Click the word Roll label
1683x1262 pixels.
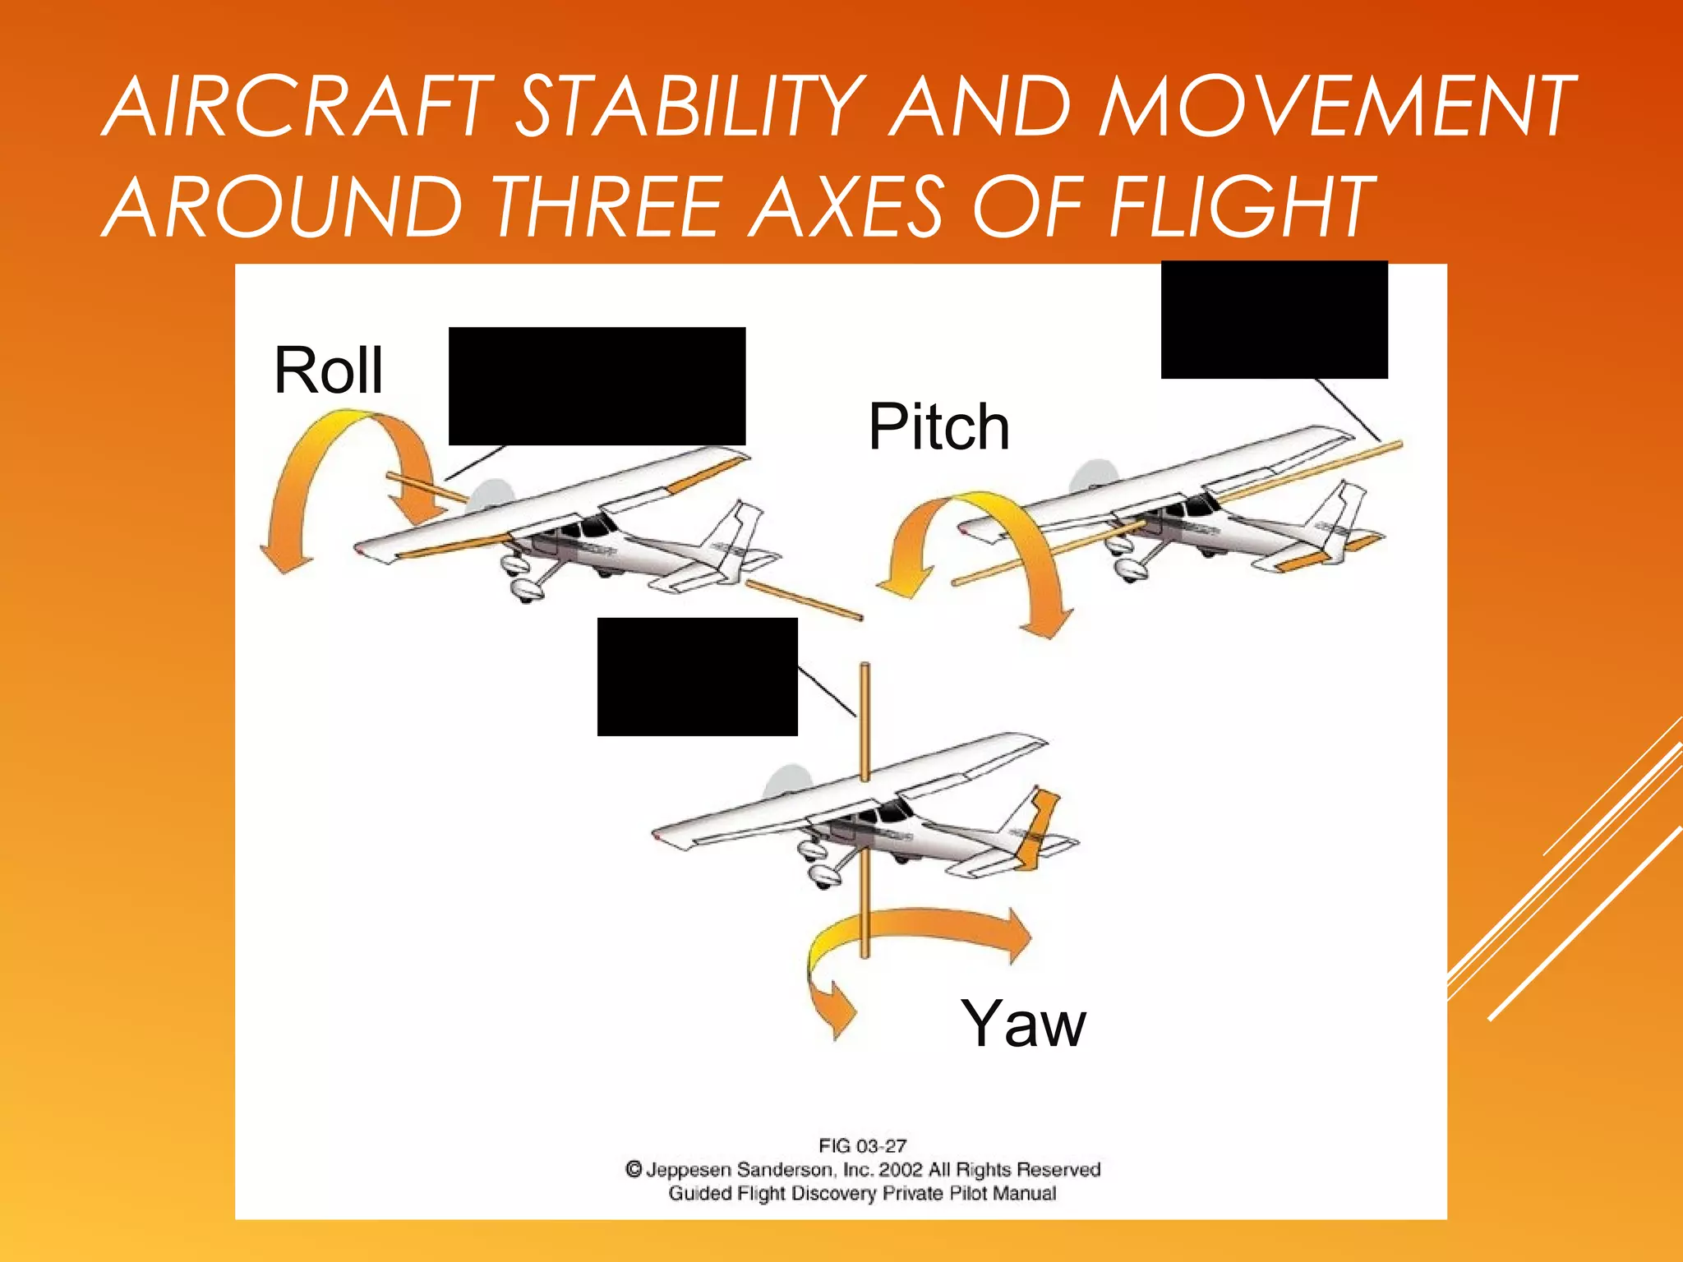328,371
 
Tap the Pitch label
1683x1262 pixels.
938,427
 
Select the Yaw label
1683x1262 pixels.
1023,1024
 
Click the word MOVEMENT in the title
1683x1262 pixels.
1335,107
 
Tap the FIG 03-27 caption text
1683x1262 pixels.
862,1145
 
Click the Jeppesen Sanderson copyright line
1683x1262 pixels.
862,1169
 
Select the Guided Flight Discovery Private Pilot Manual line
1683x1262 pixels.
862,1193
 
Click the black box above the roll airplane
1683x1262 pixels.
597,386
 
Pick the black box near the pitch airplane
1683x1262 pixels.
1274,320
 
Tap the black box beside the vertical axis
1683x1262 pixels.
697,676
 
